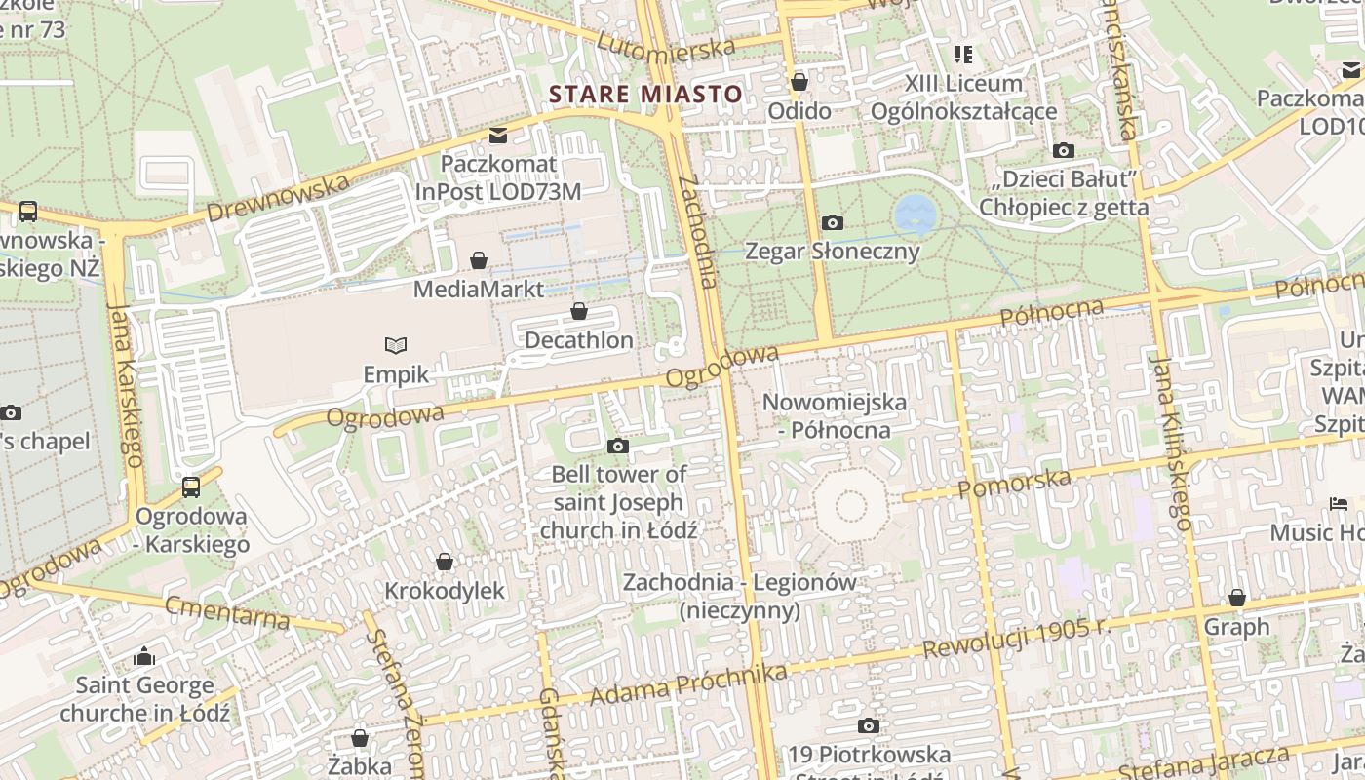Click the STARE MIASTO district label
(x=645, y=95)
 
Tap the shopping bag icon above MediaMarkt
(x=479, y=260)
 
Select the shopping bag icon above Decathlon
(x=579, y=311)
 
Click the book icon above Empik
(x=396, y=345)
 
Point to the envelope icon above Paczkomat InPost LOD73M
(x=498, y=135)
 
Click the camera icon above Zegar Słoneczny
(x=832, y=222)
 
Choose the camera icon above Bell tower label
(x=617, y=446)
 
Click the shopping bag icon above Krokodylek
(x=445, y=562)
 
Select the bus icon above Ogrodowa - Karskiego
(x=191, y=487)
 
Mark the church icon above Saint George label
(x=144, y=656)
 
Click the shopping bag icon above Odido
(x=799, y=82)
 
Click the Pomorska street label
(x=1014, y=483)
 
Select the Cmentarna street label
(x=227, y=613)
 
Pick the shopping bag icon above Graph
(x=1237, y=598)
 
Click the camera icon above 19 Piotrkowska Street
(x=868, y=725)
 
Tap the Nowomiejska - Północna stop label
(x=834, y=415)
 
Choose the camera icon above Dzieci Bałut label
(x=1064, y=150)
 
